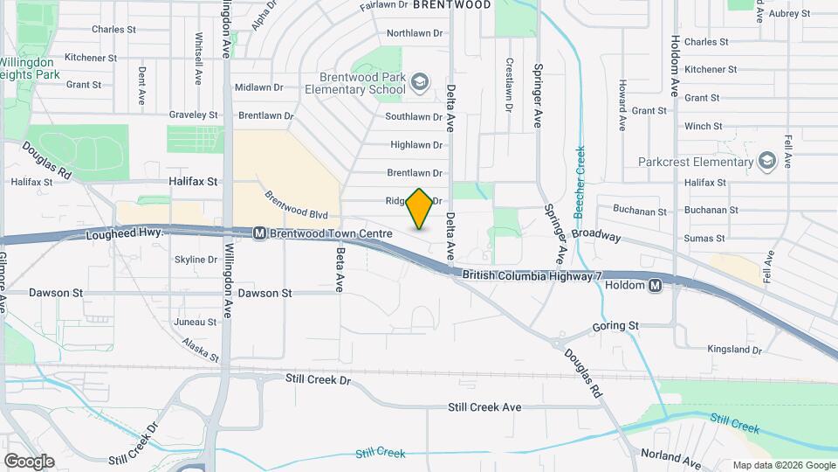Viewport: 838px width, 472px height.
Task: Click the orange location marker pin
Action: (420, 209)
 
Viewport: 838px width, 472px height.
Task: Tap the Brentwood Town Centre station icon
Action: (259, 233)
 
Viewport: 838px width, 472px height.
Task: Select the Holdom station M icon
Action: (655, 285)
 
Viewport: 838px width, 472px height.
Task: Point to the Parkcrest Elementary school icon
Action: (767, 161)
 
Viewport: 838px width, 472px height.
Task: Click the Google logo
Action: (29, 461)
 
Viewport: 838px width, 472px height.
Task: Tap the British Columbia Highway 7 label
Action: (532, 275)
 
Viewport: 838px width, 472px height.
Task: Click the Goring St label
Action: (615, 326)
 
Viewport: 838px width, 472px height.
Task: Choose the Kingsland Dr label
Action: (735, 350)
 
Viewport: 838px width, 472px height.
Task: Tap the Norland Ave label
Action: (670, 455)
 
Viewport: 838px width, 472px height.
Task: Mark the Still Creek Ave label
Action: (484, 407)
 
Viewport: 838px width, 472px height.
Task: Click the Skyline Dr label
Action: (196, 260)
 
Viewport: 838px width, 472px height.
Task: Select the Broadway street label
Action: (596, 237)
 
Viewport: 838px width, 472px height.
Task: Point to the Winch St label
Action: (703, 126)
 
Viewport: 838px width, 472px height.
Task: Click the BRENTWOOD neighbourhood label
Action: (451, 4)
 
